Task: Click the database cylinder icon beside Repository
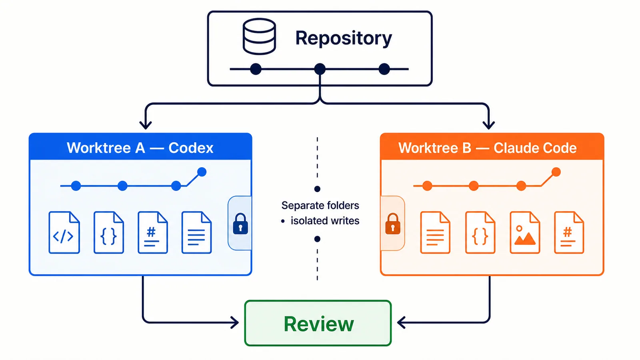pyautogui.click(x=259, y=36)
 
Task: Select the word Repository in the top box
pyautogui.click(x=344, y=38)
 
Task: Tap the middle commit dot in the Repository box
pyautogui.click(x=320, y=69)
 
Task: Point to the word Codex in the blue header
pyautogui.click(x=191, y=148)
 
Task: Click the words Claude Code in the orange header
pyautogui.click(x=535, y=148)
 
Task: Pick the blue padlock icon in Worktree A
pyautogui.click(x=240, y=224)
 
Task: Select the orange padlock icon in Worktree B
pyautogui.click(x=393, y=224)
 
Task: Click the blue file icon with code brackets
pyautogui.click(x=64, y=232)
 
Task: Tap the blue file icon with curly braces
pyautogui.click(x=108, y=232)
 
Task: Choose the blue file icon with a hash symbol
pyautogui.click(x=152, y=232)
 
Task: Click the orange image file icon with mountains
pyautogui.click(x=525, y=232)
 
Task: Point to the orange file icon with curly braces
pyautogui.click(x=480, y=232)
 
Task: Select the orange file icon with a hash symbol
pyautogui.click(x=569, y=232)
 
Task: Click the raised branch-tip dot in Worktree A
pyautogui.click(x=202, y=172)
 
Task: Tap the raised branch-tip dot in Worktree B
pyautogui.click(x=556, y=172)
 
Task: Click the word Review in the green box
pyautogui.click(x=319, y=324)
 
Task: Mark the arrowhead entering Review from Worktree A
pyautogui.click(x=235, y=322)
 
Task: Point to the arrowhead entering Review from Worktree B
pyautogui.click(x=401, y=322)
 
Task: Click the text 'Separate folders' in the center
pyautogui.click(x=320, y=206)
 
